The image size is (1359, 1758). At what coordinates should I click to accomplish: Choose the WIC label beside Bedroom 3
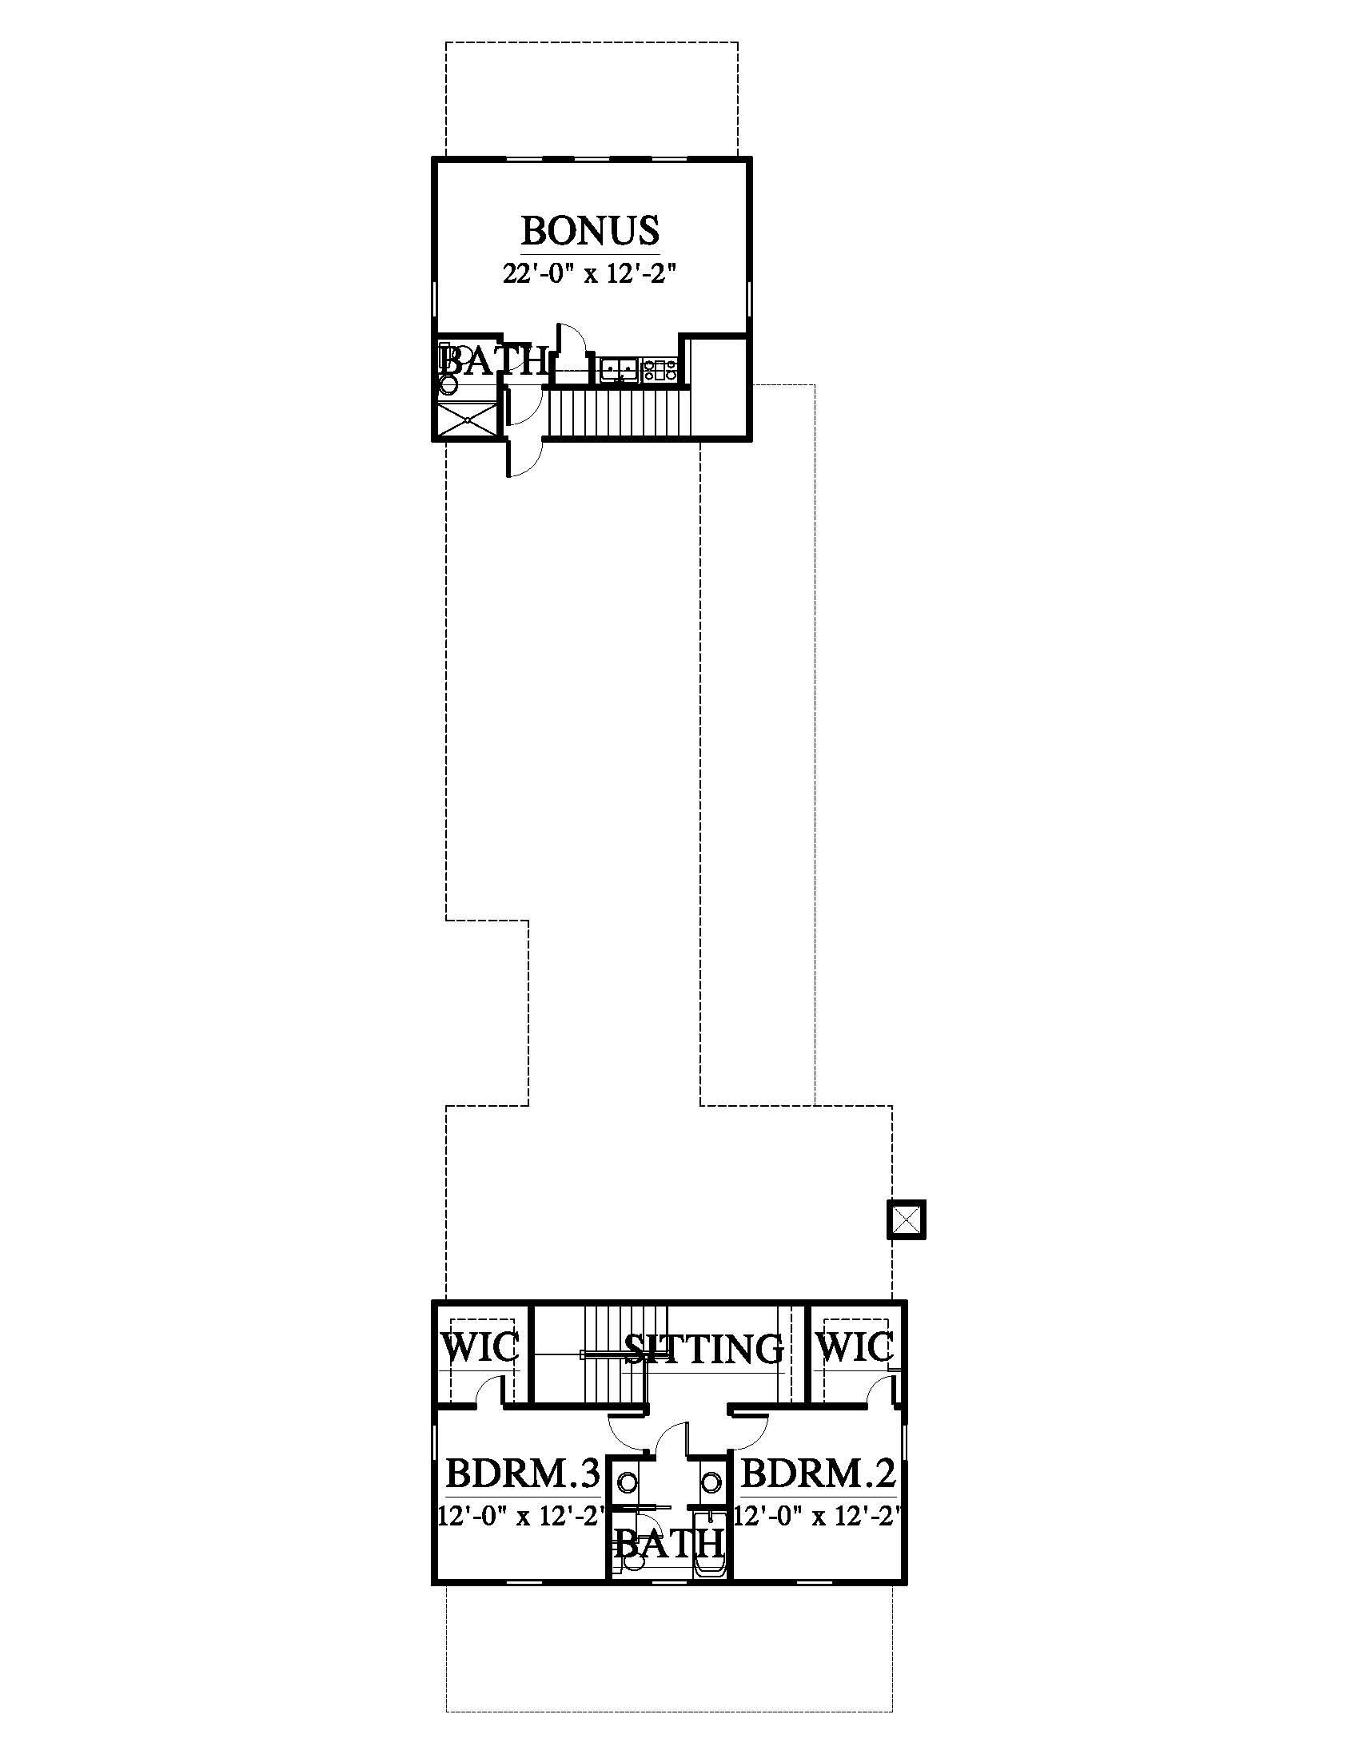(480, 1347)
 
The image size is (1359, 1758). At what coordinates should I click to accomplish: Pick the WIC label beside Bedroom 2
(855, 1347)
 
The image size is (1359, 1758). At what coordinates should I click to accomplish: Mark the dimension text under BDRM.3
(521, 1517)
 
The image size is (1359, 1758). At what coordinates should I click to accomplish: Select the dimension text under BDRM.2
(816, 1517)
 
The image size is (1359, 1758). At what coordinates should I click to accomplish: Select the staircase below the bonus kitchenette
(619, 413)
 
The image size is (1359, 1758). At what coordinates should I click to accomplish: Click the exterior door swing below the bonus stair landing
(525, 459)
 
